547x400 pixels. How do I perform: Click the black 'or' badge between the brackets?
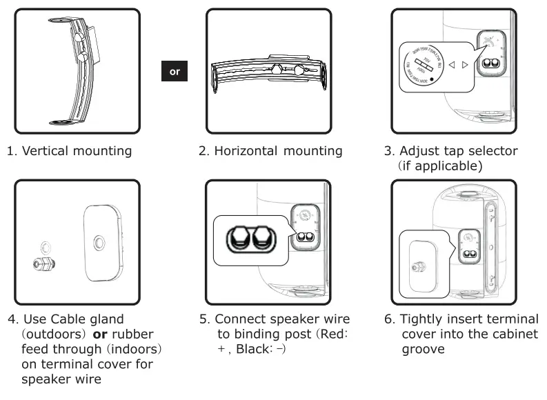175,71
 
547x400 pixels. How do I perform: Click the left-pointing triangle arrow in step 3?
452,66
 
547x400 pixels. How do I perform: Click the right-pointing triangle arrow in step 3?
465,66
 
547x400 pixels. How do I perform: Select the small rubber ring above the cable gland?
46,244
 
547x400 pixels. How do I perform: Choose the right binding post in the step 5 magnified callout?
263,239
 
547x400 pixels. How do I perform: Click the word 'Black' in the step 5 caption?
252,349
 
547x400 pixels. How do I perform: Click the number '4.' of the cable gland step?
13,319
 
